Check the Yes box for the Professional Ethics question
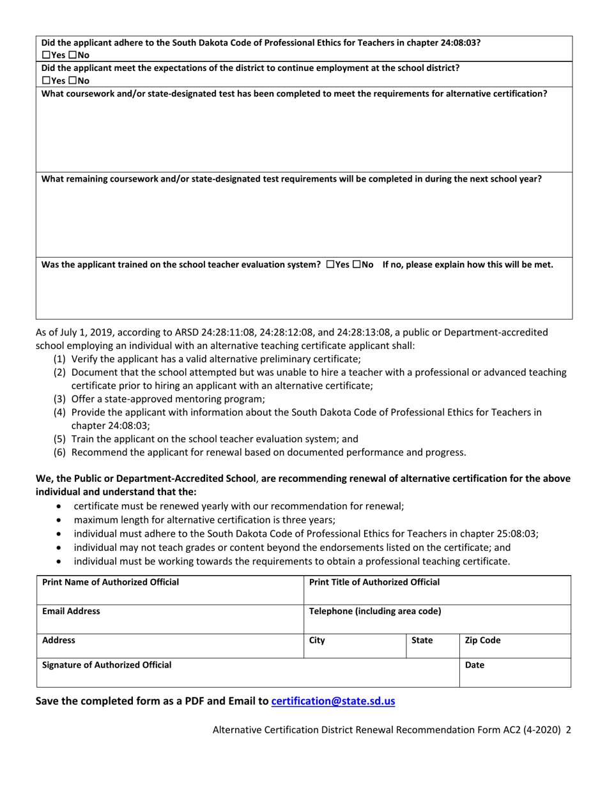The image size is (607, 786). click(x=45, y=56)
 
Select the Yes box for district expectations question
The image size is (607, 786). click(x=45, y=81)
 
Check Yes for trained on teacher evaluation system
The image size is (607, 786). click(x=329, y=265)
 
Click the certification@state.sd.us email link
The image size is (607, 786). click(x=333, y=701)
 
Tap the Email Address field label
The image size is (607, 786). click(x=71, y=611)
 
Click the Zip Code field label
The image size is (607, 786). click(x=482, y=640)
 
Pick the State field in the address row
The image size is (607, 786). click(x=433, y=645)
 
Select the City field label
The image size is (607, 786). click(x=317, y=640)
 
